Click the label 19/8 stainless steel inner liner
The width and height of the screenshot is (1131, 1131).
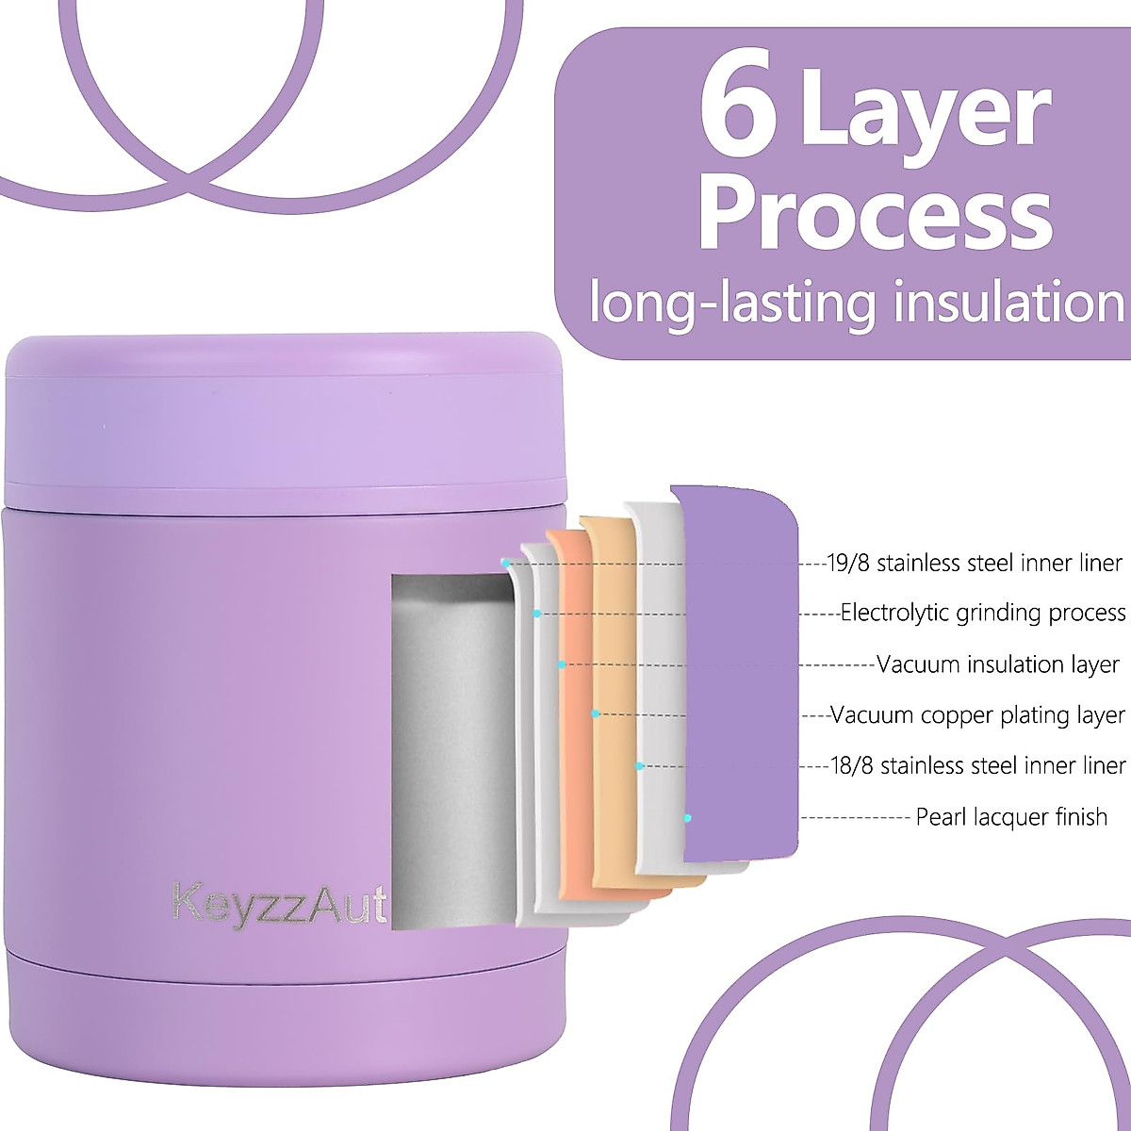(975, 564)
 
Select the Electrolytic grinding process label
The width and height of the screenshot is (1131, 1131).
(982, 614)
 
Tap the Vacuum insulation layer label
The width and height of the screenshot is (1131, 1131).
(998, 664)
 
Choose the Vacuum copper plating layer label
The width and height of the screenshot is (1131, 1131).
(977, 715)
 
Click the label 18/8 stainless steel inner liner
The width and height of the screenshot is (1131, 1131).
(977, 765)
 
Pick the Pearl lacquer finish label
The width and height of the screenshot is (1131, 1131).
(1011, 816)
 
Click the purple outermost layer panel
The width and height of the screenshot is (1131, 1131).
(740, 660)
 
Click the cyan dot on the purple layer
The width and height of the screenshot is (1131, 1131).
(689, 817)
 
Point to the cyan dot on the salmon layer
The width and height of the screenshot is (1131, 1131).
(562, 665)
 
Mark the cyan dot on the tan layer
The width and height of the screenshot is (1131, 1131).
(596, 714)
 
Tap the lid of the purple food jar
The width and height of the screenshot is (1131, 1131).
(283, 415)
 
